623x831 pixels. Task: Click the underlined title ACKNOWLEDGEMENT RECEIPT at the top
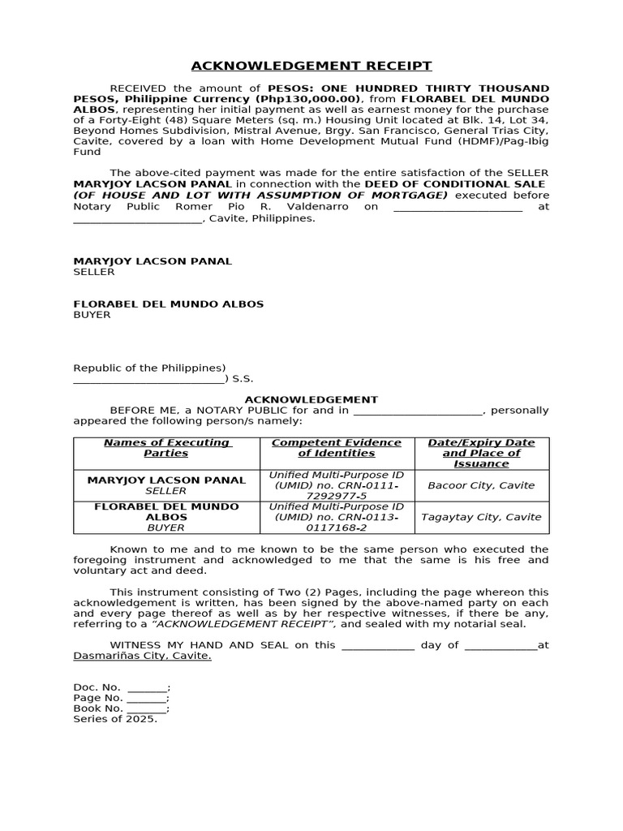[311, 66]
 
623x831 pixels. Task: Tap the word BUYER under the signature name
[92, 315]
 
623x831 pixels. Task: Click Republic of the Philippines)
[150, 368]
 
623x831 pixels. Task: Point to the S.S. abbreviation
[243, 379]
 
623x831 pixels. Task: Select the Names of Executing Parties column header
[166, 447]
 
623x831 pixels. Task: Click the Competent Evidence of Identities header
[336, 447]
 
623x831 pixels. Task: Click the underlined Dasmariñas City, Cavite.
[143, 656]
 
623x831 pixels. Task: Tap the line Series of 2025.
[115, 718]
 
